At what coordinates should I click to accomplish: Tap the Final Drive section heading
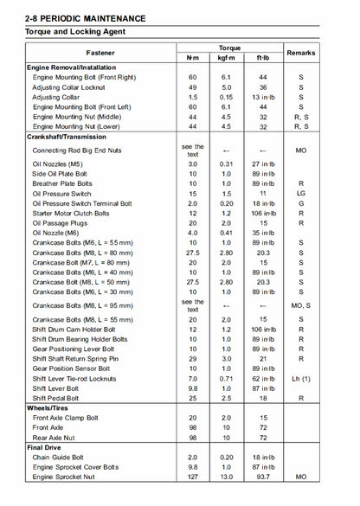pyautogui.click(x=44, y=447)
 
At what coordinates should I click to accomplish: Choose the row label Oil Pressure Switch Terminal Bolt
pyautogui.click(x=82, y=203)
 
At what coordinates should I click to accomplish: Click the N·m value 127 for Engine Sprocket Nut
pyautogui.click(x=193, y=477)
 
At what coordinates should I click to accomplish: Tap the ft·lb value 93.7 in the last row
pyautogui.click(x=263, y=477)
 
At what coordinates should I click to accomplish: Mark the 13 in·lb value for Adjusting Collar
pyautogui.click(x=263, y=97)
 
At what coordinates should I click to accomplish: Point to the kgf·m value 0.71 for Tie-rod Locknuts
pyautogui.click(x=227, y=378)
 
